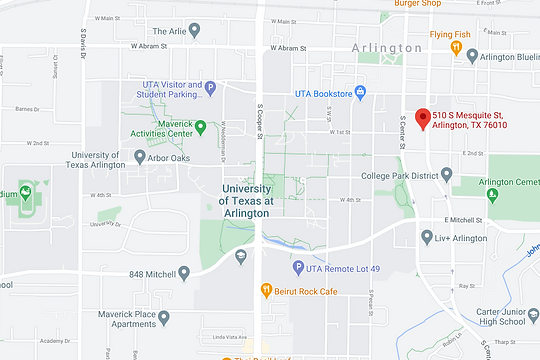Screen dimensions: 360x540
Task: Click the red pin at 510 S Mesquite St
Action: point(423,118)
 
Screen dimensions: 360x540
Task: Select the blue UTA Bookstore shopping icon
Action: point(361,93)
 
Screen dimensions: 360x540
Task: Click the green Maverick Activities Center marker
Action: point(200,127)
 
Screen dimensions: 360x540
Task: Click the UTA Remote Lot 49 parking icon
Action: point(298,267)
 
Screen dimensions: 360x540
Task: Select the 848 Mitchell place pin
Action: point(183,273)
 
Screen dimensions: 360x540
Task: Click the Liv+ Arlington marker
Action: point(428,238)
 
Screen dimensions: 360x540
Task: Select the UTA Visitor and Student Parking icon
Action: point(210,89)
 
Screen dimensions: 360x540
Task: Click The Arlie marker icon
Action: point(195,31)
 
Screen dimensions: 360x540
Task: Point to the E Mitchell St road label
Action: point(462,220)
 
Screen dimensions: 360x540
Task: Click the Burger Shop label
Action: point(417,4)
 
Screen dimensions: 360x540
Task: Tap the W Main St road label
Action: point(284,21)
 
